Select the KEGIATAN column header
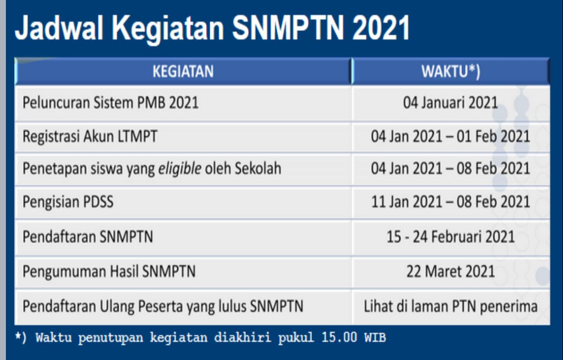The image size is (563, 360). (x=183, y=72)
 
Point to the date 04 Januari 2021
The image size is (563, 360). (x=451, y=102)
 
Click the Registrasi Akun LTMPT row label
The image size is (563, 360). (x=90, y=136)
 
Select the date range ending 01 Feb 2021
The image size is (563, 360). (x=451, y=136)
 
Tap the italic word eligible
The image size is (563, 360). (x=180, y=168)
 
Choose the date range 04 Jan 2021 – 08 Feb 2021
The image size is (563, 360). (x=451, y=168)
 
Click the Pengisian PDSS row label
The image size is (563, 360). (x=68, y=202)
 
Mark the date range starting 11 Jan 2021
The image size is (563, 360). (x=451, y=202)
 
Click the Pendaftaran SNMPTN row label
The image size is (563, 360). (x=88, y=237)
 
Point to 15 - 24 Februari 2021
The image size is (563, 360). (x=451, y=237)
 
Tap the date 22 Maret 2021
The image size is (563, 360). (x=451, y=271)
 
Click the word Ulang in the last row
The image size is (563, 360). (x=117, y=307)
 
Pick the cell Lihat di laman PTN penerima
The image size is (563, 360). (x=451, y=307)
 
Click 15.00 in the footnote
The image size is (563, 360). (x=339, y=337)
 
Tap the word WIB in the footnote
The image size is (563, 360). (x=375, y=337)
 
